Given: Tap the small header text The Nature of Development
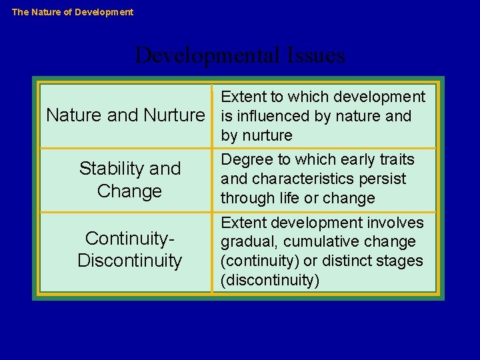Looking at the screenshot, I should click(x=73, y=12).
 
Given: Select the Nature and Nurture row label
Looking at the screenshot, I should click(x=125, y=115).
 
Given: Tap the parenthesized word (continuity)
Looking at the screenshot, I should click(x=259, y=261).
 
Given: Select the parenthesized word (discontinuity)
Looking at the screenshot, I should click(x=270, y=280).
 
